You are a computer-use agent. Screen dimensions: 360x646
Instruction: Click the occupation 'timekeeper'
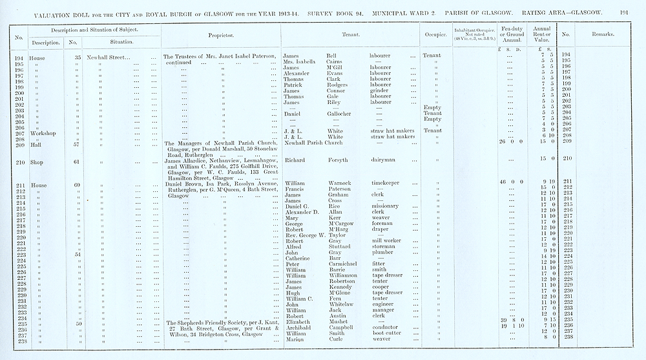[386, 183]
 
